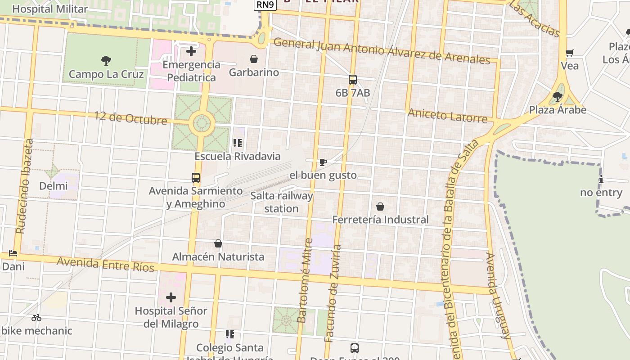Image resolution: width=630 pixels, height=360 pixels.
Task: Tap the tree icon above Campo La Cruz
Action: coord(106,60)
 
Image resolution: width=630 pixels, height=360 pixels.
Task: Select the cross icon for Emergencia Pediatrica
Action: coord(191,51)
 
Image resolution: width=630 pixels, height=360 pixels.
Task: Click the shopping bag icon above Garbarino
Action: coord(254,59)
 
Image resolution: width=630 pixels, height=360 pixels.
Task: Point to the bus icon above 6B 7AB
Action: coord(353,80)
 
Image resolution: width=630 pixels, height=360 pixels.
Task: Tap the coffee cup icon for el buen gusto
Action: coord(323,162)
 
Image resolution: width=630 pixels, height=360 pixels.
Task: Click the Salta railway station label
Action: coord(282,202)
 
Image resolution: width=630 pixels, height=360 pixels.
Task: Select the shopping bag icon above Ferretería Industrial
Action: coord(380,207)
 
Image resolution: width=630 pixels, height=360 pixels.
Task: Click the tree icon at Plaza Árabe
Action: coord(558,96)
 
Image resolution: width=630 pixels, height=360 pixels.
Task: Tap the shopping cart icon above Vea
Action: coord(569,53)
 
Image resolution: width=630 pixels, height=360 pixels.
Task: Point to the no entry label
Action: coord(601,193)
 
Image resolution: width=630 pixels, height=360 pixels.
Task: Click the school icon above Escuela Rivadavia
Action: coord(238,143)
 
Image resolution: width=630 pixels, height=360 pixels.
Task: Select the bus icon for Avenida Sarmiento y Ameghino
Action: coord(196,178)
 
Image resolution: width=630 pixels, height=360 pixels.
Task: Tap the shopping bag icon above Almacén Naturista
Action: coord(218,243)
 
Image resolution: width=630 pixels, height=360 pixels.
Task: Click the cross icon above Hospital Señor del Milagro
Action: coord(171,297)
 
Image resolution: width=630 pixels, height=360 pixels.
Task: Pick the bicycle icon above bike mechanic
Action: coord(36,318)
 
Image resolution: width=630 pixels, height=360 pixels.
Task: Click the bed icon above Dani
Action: coord(13,253)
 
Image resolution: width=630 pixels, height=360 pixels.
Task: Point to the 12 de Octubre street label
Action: coord(130,118)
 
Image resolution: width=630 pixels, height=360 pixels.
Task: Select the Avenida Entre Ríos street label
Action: coord(106,264)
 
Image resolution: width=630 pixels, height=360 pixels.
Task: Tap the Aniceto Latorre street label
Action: coord(447,115)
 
